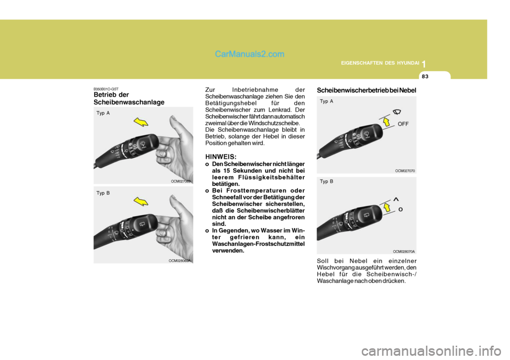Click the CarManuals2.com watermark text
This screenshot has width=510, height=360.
coord(250,54)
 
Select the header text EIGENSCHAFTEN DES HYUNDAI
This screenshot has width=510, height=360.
coord(379,64)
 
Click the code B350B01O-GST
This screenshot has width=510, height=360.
coord(106,89)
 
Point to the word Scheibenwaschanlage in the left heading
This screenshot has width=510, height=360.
coord(129,102)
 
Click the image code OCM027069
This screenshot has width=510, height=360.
coord(181,182)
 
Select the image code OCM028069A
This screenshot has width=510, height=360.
coord(180,261)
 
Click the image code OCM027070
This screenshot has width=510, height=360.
coord(405,170)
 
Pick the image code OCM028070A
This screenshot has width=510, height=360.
coord(404,251)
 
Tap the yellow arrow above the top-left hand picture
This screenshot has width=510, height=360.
coord(141,123)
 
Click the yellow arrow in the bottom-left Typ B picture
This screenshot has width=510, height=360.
coord(142,201)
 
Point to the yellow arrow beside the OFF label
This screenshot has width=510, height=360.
coord(386,123)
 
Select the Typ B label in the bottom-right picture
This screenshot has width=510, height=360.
coord(327,182)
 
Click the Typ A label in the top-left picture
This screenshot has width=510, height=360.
coord(103,113)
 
